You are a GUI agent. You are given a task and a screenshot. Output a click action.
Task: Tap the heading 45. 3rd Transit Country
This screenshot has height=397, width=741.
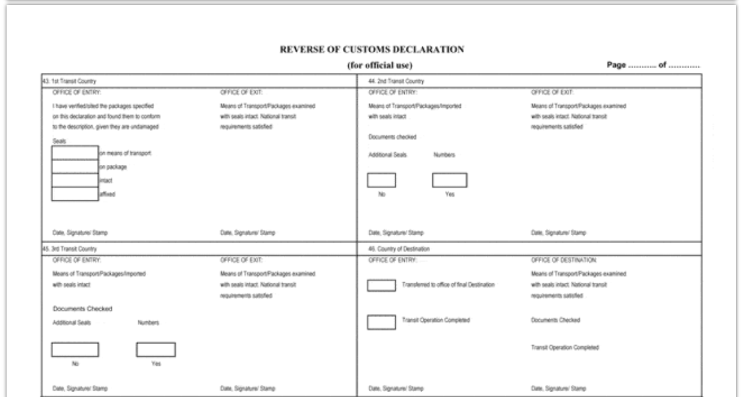[63, 248]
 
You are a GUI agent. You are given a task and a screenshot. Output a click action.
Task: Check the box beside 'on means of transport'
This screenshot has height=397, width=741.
[75, 153]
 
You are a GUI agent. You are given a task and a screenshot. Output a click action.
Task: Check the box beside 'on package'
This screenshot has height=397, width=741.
[75, 167]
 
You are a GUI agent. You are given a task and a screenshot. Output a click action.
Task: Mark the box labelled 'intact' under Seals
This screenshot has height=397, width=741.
[75, 180]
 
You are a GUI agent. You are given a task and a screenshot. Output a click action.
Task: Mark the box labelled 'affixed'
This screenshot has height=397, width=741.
[75, 193]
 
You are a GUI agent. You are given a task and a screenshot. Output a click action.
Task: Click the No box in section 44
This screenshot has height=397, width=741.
[381, 179]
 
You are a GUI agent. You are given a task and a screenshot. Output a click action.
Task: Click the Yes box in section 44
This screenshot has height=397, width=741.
[449, 179]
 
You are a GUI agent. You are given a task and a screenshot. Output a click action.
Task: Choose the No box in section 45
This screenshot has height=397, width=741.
[75, 350]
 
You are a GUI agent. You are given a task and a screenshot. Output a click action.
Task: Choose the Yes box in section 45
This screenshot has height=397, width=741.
[156, 350]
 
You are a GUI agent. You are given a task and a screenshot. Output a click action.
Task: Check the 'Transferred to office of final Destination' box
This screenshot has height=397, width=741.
[381, 286]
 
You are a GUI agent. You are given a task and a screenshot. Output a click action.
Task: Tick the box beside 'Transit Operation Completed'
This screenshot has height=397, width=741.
[381, 322]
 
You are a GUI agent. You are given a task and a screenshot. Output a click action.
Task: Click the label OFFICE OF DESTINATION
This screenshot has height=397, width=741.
[562, 260]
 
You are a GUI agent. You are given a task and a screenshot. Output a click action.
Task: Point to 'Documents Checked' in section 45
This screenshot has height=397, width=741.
[82, 309]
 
